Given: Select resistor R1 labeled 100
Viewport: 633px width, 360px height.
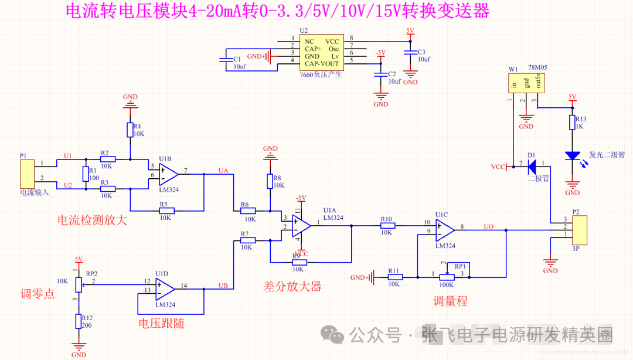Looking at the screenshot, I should click(x=86, y=174).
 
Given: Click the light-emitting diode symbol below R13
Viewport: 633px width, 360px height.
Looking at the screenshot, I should click(x=572, y=157).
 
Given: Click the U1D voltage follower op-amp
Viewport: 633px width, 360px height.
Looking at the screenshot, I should click(x=165, y=287).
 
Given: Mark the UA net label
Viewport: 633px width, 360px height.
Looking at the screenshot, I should click(x=223, y=171).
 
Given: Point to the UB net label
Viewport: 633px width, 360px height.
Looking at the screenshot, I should click(x=223, y=285).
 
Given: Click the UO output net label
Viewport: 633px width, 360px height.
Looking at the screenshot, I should click(x=488, y=226).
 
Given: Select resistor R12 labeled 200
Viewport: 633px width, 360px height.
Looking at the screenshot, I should click(x=77, y=321).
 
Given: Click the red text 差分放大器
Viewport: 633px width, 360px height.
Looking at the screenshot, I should click(x=292, y=287).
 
